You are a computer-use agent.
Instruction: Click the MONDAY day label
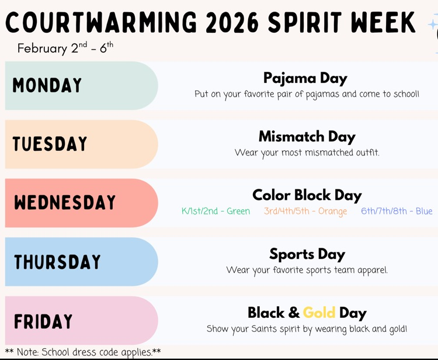point(47,86)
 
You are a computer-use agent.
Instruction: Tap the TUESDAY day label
point(50,144)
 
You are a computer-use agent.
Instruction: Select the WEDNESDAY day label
point(65,203)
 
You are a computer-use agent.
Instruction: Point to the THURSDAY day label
point(57,262)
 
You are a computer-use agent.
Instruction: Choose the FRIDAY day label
point(44,321)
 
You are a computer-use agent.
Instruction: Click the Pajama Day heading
point(305,78)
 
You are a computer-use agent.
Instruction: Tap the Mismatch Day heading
point(307,137)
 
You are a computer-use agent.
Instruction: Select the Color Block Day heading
point(307,195)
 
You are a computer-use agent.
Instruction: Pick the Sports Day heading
point(307,254)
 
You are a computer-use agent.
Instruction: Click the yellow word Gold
point(319,313)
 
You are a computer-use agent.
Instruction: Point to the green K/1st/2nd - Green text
point(215,212)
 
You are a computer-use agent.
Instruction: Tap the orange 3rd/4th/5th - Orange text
point(305,212)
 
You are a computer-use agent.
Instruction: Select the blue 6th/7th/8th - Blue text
point(397,212)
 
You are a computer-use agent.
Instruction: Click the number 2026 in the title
point(233,22)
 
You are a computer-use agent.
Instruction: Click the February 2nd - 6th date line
point(65,48)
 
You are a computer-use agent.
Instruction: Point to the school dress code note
point(83,352)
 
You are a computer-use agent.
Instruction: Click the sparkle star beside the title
point(432,25)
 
